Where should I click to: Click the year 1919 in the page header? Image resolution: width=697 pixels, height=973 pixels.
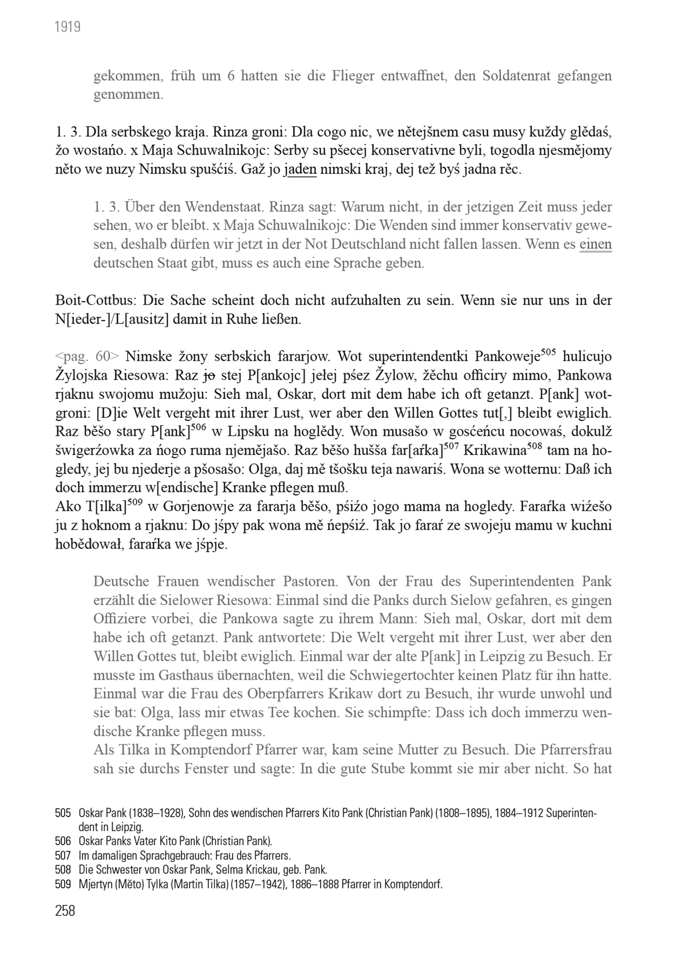68,27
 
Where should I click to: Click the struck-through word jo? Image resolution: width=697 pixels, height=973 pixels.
209,376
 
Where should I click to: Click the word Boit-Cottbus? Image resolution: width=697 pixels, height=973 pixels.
95,300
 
